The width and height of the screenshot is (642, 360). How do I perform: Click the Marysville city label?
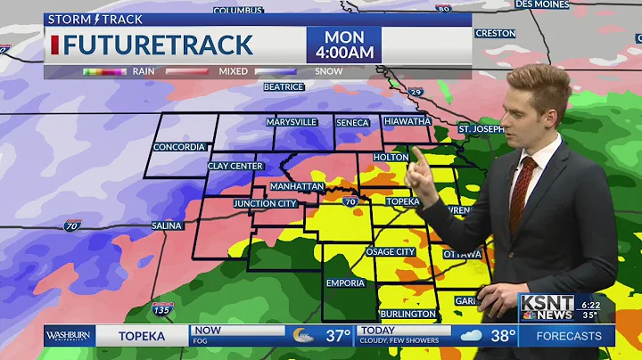(x=290, y=122)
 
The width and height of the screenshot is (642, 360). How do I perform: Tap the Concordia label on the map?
(x=179, y=147)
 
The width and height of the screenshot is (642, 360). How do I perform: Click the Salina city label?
(x=167, y=225)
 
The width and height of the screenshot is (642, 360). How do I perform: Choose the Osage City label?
(x=391, y=252)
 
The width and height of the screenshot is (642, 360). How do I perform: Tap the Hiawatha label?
(x=407, y=122)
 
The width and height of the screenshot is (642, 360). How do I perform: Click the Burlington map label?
(x=407, y=315)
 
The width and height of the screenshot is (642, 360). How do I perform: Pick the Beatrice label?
(x=284, y=87)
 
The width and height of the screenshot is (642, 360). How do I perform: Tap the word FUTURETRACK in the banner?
(x=158, y=45)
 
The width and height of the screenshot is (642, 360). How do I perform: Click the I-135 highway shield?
(x=162, y=307)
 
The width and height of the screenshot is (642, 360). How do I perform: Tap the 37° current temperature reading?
(x=337, y=336)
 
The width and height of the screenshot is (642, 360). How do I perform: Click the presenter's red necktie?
(x=522, y=192)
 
